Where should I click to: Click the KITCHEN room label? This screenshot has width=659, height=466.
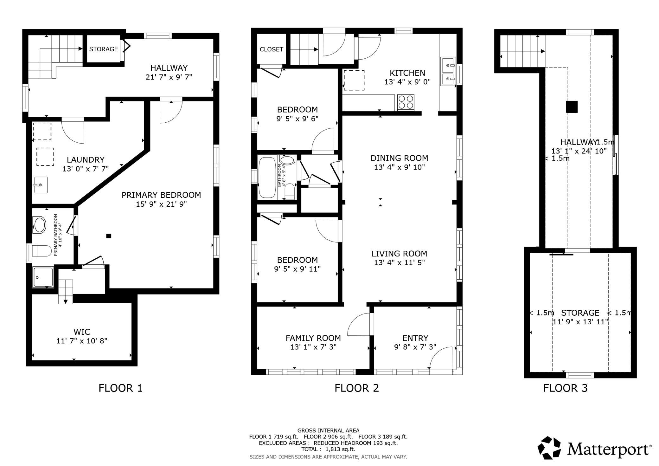[407, 73]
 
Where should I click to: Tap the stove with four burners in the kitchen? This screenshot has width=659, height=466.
[406, 102]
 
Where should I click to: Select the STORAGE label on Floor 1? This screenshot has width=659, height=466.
[103, 49]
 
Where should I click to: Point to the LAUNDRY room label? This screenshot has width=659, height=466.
[86, 160]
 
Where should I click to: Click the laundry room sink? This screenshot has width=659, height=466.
[41, 185]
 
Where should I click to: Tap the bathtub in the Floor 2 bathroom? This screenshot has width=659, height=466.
[268, 178]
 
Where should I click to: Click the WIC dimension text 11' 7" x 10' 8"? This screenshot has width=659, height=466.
[82, 341]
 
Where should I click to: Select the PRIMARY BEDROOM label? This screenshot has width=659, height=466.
[161, 195]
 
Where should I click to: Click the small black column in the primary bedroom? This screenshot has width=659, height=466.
[109, 236]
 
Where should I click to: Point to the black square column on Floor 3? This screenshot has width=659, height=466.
[572, 107]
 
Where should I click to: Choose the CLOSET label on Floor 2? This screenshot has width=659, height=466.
[272, 49]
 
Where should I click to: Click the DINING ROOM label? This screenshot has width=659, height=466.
[399, 158]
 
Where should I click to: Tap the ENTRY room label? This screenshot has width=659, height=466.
[415, 338]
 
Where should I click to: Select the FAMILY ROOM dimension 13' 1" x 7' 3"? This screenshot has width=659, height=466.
[313, 347]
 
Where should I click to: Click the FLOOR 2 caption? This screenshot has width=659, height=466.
[357, 388]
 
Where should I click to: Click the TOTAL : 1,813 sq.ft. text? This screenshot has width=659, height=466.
[328, 449]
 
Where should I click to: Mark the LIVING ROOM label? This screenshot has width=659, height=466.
[399, 254]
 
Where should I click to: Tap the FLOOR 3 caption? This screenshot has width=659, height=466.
[566, 388]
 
